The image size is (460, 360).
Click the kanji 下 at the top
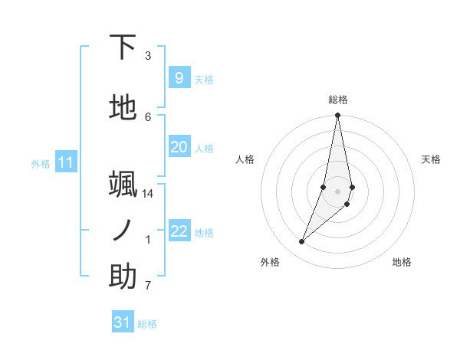[123, 47]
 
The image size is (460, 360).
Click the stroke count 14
[148, 194]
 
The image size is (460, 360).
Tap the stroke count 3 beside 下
[148, 56]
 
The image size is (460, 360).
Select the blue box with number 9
[179, 78]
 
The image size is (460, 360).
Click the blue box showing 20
[179, 147]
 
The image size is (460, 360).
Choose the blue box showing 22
[179, 231]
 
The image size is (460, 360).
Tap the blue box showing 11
[66, 162]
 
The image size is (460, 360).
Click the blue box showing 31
[123, 322]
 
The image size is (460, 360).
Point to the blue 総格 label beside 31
[147, 324]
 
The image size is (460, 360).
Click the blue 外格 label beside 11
[41, 163]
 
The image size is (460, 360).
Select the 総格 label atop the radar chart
[338, 100]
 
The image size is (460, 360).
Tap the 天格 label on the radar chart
[431, 159]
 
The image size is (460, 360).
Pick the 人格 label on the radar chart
[245, 159]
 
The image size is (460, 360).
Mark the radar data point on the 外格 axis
[301, 242]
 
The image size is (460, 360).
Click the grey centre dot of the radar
[338, 191]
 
